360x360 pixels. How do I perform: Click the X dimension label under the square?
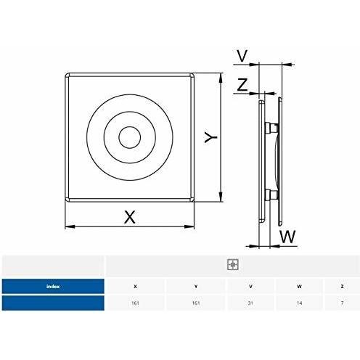pos(130,217)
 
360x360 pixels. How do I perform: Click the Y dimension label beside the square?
pos(210,137)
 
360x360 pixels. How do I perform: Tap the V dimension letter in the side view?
pos(242,56)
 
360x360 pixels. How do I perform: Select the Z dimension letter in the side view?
pos(242,84)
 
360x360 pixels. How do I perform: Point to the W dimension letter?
pos(288,237)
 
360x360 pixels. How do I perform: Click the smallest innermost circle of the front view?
pos(130,137)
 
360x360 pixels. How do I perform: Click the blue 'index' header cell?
pos(53,286)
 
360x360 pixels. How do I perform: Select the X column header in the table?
pos(135,287)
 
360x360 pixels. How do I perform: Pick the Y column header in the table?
pos(196,287)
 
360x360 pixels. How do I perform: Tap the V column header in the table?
pos(250,287)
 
